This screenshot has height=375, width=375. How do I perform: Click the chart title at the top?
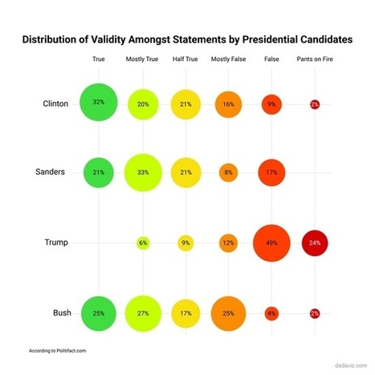click(187, 39)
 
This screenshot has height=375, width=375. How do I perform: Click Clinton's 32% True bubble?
click(99, 103)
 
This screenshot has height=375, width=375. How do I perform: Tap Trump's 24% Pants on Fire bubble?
click(314, 243)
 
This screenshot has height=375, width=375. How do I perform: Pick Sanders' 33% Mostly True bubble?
click(143, 172)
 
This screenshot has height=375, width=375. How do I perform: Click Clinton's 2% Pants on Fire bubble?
click(314, 104)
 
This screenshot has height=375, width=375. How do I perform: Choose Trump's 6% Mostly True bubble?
click(143, 243)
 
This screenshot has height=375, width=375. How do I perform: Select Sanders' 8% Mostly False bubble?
click(228, 172)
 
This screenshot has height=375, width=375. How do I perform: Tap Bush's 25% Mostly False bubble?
click(228, 312)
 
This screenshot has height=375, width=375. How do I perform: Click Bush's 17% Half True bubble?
click(186, 312)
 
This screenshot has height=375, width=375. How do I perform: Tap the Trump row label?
click(57, 243)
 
